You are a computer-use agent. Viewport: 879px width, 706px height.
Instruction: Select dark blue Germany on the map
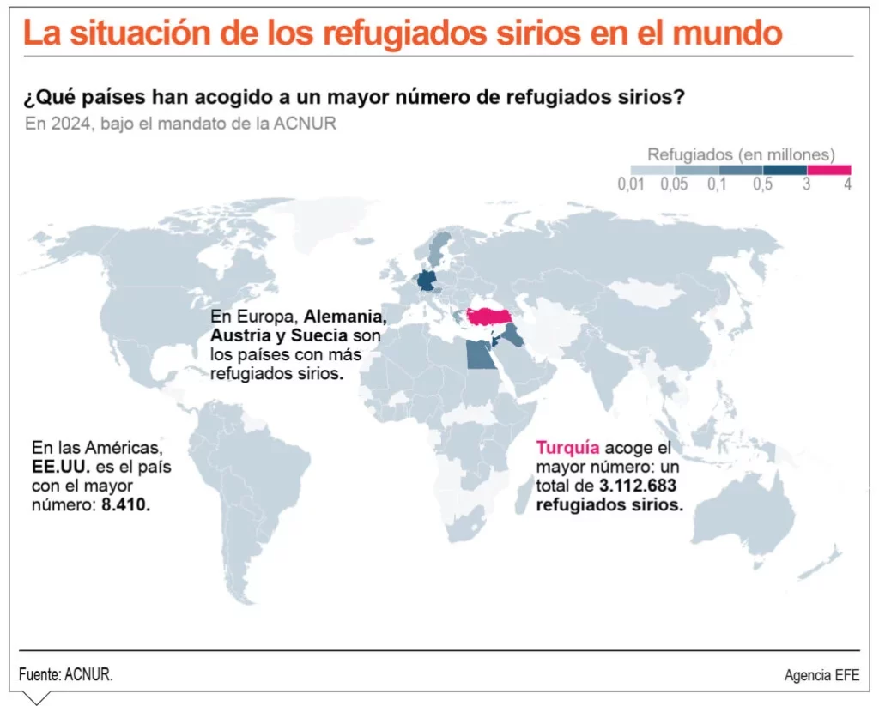(x=425, y=281)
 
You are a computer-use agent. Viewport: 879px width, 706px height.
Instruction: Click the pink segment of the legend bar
(x=829, y=169)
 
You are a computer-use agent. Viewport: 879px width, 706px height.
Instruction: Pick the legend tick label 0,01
(x=631, y=185)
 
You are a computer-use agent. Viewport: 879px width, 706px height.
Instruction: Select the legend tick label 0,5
(x=761, y=185)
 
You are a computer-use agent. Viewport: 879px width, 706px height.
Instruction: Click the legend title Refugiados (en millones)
(x=741, y=154)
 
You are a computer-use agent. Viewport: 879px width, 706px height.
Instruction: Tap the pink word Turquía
(x=567, y=448)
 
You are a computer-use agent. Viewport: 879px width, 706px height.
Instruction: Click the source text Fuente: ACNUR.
(x=66, y=674)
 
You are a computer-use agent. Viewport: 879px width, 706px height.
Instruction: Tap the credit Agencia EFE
(x=821, y=674)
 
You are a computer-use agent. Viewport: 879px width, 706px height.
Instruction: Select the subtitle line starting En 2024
(x=180, y=124)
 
